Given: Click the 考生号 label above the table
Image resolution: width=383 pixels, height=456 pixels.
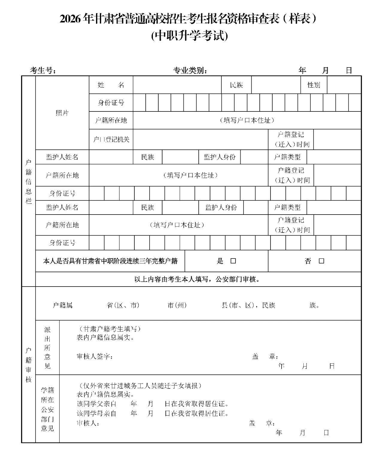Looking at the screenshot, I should [x=43, y=71].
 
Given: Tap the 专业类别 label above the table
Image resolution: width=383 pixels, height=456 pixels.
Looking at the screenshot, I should [x=190, y=71].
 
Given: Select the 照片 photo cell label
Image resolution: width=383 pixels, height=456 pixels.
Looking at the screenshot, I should [x=62, y=113].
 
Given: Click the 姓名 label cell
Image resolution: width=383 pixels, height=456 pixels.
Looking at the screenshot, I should [x=111, y=85].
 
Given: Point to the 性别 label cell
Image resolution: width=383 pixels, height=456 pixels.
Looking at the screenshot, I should [x=314, y=85].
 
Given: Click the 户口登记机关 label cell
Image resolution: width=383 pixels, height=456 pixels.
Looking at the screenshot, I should [x=111, y=140].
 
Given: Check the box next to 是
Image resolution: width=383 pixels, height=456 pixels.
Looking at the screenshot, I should [x=233, y=261].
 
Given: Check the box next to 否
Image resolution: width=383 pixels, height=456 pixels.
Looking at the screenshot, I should [x=321, y=261].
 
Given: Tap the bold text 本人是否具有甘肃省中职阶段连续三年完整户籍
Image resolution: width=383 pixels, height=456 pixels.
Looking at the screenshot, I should [x=110, y=261].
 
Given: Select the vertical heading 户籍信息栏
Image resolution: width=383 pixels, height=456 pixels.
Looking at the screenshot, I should [x=28, y=181].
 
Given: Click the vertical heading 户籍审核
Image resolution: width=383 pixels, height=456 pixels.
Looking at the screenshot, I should [x=28, y=365].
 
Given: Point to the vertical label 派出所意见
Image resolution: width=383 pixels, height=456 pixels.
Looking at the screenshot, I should [x=47, y=348].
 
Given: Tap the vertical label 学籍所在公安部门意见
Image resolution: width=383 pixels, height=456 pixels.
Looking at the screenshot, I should [x=47, y=409].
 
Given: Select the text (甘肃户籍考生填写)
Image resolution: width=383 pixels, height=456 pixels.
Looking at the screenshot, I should [x=108, y=329].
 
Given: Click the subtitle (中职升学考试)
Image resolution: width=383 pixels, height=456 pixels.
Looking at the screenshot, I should [x=190, y=36].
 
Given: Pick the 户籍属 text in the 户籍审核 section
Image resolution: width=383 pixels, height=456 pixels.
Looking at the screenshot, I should [x=63, y=305].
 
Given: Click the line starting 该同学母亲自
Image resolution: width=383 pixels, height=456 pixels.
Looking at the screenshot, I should [x=153, y=414].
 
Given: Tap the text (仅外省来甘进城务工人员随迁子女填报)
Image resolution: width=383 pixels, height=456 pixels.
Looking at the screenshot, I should [x=139, y=386].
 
